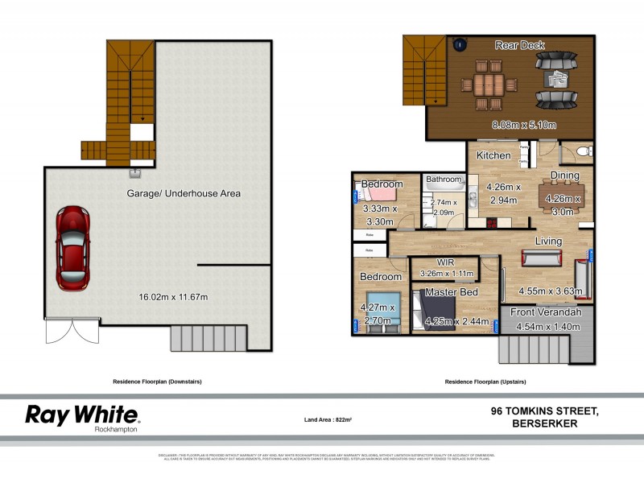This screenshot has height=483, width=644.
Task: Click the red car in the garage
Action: click(x=72, y=249)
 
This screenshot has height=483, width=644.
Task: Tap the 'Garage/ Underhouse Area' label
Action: click(x=184, y=193)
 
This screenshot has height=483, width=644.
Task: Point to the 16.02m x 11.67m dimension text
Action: click(x=173, y=297)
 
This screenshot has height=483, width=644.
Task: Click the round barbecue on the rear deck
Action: click(x=462, y=45)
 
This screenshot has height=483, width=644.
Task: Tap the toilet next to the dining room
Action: click(x=584, y=151)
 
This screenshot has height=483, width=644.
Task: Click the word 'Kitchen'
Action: click(x=493, y=155)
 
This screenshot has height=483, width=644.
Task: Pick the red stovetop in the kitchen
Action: click(x=474, y=222)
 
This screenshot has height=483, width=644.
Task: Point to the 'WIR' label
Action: click(x=446, y=262)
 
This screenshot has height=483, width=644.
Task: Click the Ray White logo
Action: click(x=82, y=416)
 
